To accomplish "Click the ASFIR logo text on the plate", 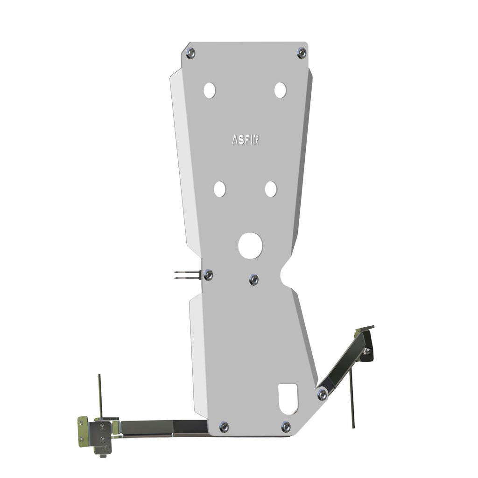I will (x=246, y=140).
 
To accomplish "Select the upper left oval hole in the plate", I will (x=210, y=90).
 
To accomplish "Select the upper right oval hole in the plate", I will (x=280, y=90).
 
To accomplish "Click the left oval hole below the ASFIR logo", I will (x=220, y=189).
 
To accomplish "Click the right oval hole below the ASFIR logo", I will (x=271, y=189).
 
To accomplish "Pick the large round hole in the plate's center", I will (x=250, y=246).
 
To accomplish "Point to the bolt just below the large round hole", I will (x=253, y=279).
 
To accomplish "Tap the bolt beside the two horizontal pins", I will (x=208, y=275).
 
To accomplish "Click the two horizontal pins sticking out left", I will (x=186, y=275).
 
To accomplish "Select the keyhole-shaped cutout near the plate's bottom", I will (x=288, y=398).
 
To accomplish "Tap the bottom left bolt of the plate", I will (x=224, y=426).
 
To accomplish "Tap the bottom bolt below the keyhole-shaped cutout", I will (x=286, y=426).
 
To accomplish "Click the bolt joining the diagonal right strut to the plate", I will (x=322, y=395).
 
